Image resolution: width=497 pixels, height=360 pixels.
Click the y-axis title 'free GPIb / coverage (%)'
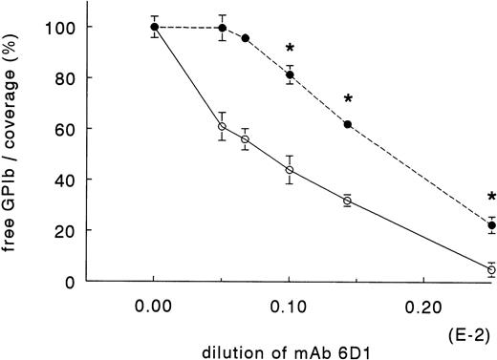point(16,138)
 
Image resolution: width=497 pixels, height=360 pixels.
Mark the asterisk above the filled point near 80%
point(289,49)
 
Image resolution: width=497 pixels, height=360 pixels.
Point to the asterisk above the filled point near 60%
point(348,99)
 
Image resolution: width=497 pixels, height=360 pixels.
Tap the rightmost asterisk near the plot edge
point(491,198)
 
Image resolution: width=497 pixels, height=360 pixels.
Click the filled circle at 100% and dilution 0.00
point(154,27)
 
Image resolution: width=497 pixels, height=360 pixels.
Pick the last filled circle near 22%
point(491,225)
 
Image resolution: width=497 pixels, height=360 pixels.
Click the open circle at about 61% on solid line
point(222,126)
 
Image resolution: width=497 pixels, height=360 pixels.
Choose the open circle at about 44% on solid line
point(289,170)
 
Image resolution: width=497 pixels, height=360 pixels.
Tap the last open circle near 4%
point(491,270)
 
